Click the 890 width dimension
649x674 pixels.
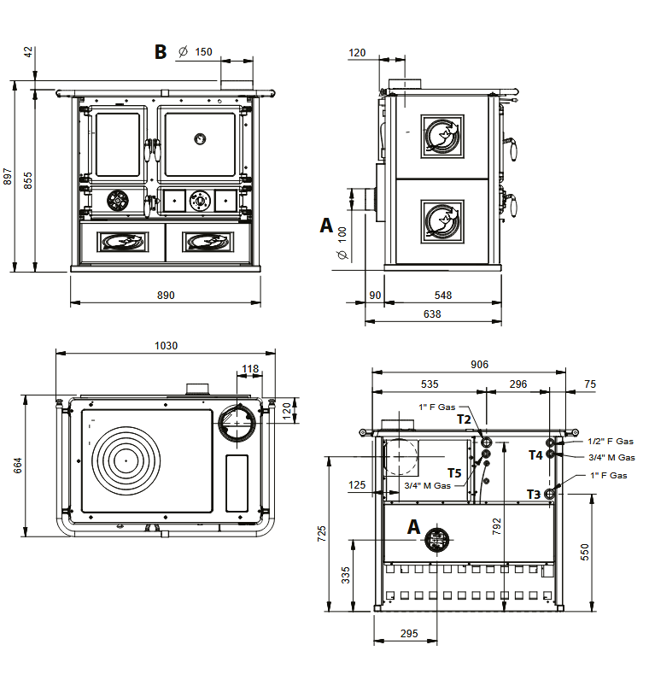(166, 295)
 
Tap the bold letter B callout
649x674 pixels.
(161, 52)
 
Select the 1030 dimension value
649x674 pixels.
(166, 346)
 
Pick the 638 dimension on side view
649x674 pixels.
(432, 314)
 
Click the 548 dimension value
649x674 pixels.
(442, 296)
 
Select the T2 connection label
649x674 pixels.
(464, 419)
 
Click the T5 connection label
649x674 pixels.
(454, 473)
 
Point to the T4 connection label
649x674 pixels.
(535, 455)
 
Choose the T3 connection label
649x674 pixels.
(533, 494)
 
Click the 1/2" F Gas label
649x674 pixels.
(611, 442)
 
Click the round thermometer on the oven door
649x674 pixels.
(199, 138)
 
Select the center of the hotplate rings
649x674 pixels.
(126, 459)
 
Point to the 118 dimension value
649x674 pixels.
(249, 370)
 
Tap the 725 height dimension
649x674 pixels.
(322, 534)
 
